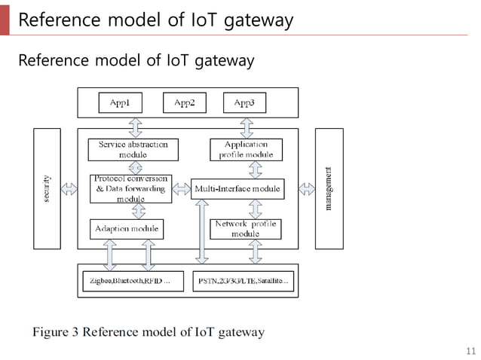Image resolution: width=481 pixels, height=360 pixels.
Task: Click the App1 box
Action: (121, 102)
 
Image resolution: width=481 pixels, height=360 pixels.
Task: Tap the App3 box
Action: (244, 102)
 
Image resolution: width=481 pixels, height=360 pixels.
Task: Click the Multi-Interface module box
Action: (237, 188)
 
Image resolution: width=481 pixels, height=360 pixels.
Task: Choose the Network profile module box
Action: (246, 228)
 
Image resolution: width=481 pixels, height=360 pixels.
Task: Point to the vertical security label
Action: (47, 188)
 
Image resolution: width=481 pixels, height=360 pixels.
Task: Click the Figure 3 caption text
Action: (148, 331)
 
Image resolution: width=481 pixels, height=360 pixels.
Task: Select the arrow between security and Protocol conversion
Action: (69, 188)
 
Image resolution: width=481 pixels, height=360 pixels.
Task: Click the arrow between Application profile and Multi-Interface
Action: (256, 169)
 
